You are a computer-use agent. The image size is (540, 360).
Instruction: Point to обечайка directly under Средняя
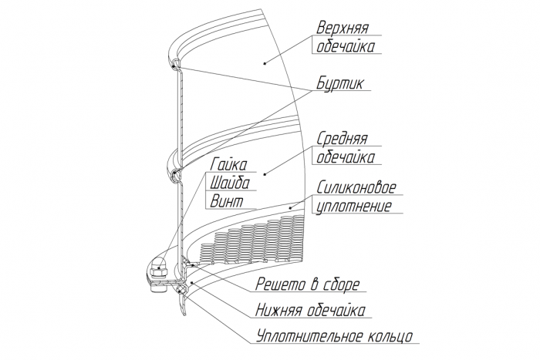pos(346,159)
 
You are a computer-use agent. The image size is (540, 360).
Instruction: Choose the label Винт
pos(226,201)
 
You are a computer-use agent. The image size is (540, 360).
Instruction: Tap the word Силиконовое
pos(356,188)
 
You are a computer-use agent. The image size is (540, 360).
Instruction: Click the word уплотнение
pos(353,207)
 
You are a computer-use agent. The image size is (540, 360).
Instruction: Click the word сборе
pos(339,285)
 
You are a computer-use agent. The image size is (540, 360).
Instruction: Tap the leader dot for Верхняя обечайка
pos(263,62)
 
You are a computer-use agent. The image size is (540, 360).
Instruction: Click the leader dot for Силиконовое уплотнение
pos(291,206)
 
